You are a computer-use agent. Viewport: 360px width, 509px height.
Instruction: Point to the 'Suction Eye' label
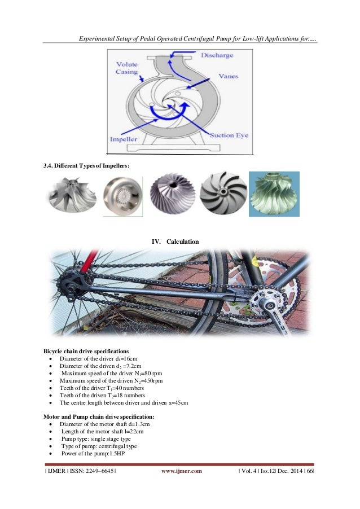229,135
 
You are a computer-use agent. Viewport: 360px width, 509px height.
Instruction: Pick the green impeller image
276,194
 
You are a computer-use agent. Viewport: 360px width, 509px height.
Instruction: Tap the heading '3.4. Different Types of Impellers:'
87,165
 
